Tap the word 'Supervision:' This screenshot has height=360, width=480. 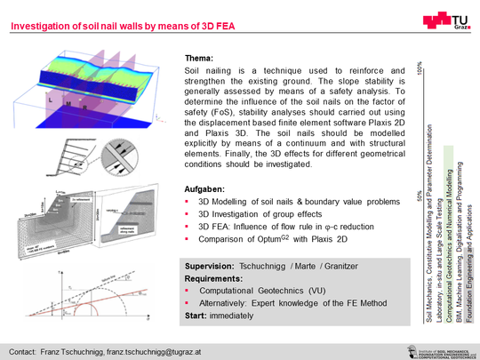click(x=210, y=267)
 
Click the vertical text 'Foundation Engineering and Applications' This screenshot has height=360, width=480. click(x=469, y=252)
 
